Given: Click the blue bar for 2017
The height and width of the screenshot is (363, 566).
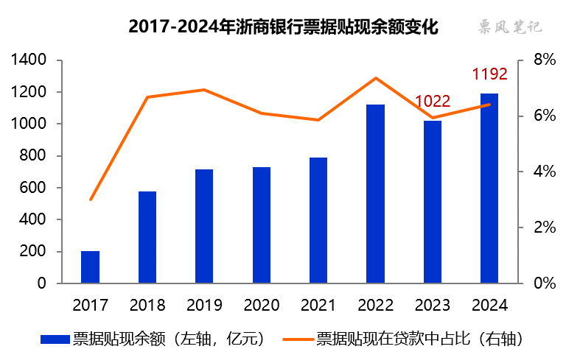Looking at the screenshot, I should [x=90, y=267].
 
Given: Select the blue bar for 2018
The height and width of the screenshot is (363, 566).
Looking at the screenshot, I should [x=147, y=237].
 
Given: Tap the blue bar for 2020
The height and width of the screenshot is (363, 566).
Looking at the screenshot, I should [x=262, y=225].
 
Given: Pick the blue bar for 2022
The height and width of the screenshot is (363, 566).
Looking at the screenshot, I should [x=375, y=194].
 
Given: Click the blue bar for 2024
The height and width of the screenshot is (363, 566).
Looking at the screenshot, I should [x=489, y=188].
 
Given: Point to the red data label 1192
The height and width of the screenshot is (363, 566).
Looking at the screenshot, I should [x=489, y=74].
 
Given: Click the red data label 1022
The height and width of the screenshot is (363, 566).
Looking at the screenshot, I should [x=433, y=102].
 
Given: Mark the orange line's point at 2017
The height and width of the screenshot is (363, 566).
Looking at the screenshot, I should [x=91, y=200].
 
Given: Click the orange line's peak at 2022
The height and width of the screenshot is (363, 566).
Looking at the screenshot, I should [x=375, y=78].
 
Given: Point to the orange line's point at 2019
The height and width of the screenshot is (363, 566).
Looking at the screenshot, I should [x=204, y=90].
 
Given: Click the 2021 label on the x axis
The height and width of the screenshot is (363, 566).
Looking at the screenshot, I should [x=318, y=304].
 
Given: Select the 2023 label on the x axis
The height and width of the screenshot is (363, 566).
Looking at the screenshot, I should [x=433, y=304].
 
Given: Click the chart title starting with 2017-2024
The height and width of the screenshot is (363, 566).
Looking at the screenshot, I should [x=283, y=27].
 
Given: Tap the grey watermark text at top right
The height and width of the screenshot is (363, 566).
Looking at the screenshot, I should [x=508, y=27].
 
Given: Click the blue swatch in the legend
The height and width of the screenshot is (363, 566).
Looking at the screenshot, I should [x=55, y=339].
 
